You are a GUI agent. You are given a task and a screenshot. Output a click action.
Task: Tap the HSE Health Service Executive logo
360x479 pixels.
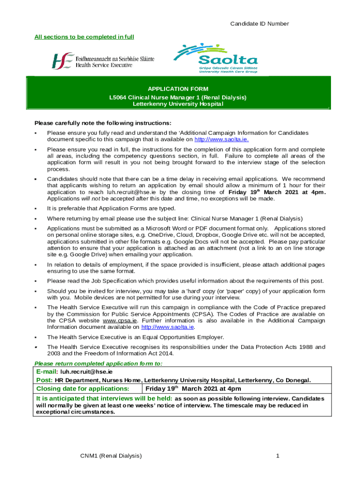point(103,61)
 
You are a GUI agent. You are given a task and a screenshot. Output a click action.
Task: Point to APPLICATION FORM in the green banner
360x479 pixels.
point(178,89)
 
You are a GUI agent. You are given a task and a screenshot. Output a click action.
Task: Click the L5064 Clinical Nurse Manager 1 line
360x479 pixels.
point(178,97)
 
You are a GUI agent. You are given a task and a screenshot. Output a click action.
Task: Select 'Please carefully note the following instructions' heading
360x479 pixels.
point(103,123)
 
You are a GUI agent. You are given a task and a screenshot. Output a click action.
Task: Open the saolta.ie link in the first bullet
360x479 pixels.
point(221,139)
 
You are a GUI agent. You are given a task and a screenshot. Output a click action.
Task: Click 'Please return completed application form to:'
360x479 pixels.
point(99,363)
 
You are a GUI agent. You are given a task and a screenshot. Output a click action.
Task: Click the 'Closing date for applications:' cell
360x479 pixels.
point(82,389)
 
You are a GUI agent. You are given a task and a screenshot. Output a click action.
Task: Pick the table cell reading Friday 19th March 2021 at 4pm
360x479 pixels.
point(193,389)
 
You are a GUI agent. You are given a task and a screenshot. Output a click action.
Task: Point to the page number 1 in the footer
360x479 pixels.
point(277,456)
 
